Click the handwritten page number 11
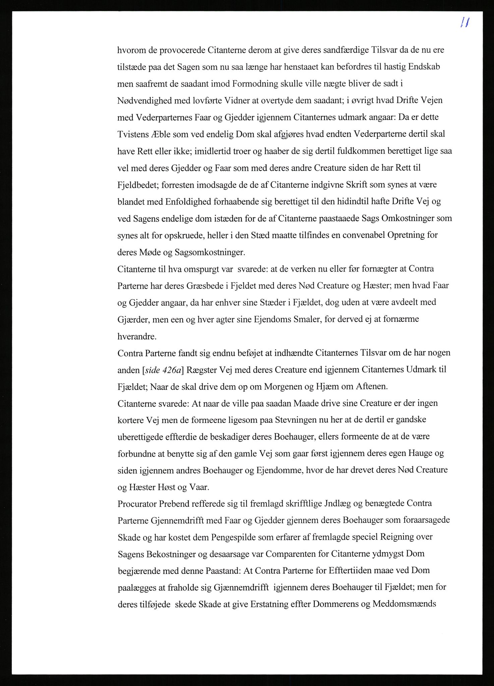click(464, 23)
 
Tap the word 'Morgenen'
click(285, 387)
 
